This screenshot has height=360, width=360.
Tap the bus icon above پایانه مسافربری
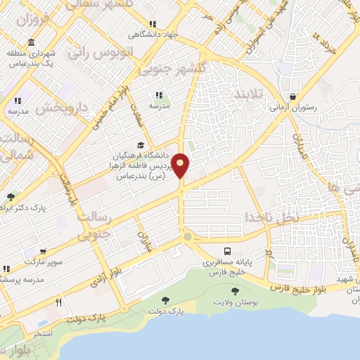(x=227, y=251)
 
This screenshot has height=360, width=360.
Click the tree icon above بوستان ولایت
(x=234, y=290)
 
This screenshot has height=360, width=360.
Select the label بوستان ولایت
(x=235, y=302)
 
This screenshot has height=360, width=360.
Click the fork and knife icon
(x=59, y=303)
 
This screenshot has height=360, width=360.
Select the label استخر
(x=43, y=333)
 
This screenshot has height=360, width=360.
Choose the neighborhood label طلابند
(x=247, y=94)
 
